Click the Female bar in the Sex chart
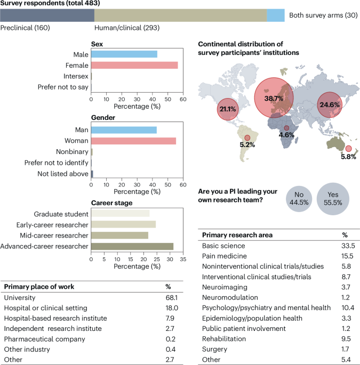[x=134, y=65]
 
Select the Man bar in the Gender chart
[x=124, y=130]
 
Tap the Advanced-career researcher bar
[x=132, y=246]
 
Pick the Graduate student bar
[x=120, y=214]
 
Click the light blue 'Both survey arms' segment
[x=276, y=15]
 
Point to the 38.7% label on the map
[x=274, y=99]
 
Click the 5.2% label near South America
[x=247, y=145]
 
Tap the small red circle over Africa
[x=286, y=128]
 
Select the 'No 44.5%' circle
[x=299, y=199]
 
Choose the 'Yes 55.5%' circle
[x=333, y=199]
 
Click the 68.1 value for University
[x=172, y=297]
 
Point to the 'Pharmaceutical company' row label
[x=44, y=339]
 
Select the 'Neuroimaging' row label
[x=225, y=287]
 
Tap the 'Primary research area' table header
[x=237, y=235]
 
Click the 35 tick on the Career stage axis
[x=183, y=259]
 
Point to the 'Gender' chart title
[x=103, y=118]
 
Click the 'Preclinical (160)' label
[x=25, y=28]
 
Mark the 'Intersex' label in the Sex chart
[x=76, y=76]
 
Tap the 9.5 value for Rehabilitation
[x=346, y=339]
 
